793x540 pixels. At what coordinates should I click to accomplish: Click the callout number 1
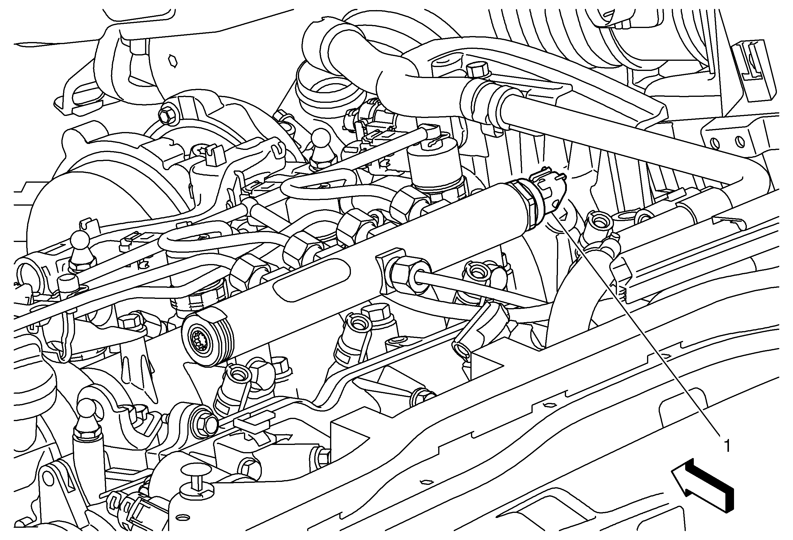coord(727,446)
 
